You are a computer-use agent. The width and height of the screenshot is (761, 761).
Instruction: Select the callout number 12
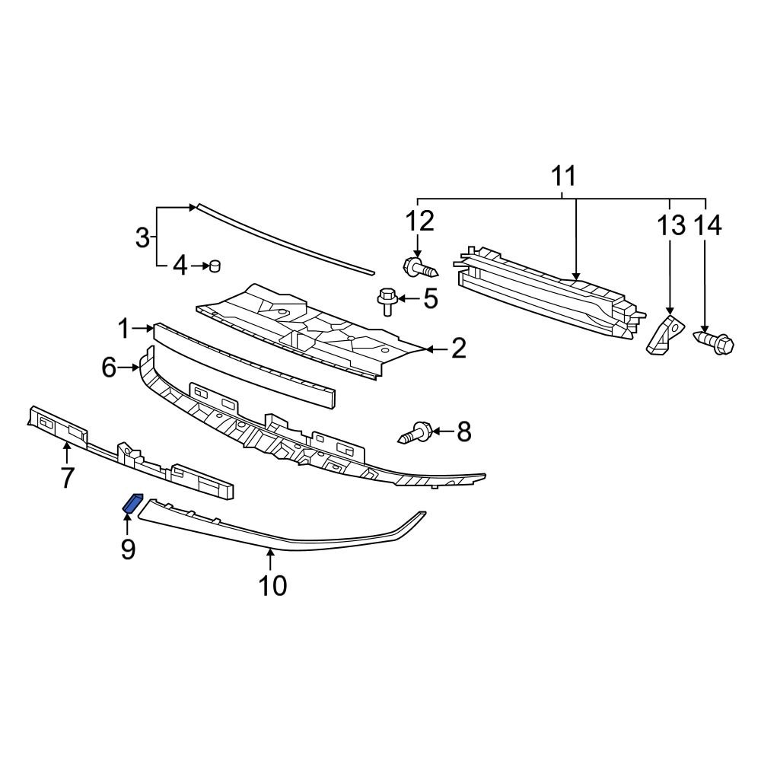coord(419,221)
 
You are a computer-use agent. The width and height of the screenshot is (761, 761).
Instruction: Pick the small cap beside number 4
coord(215,266)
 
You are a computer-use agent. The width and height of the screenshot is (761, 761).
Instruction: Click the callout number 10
coord(272,585)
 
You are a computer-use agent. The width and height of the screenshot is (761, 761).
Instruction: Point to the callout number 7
coord(67,478)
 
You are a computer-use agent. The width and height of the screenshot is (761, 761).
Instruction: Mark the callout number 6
coord(110,369)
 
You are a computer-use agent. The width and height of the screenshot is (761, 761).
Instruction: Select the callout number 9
coord(127,548)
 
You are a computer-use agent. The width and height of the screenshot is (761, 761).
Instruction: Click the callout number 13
coord(670,226)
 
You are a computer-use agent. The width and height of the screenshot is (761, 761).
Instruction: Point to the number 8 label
coord(463,433)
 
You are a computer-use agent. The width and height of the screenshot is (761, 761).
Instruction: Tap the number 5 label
coord(431,299)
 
